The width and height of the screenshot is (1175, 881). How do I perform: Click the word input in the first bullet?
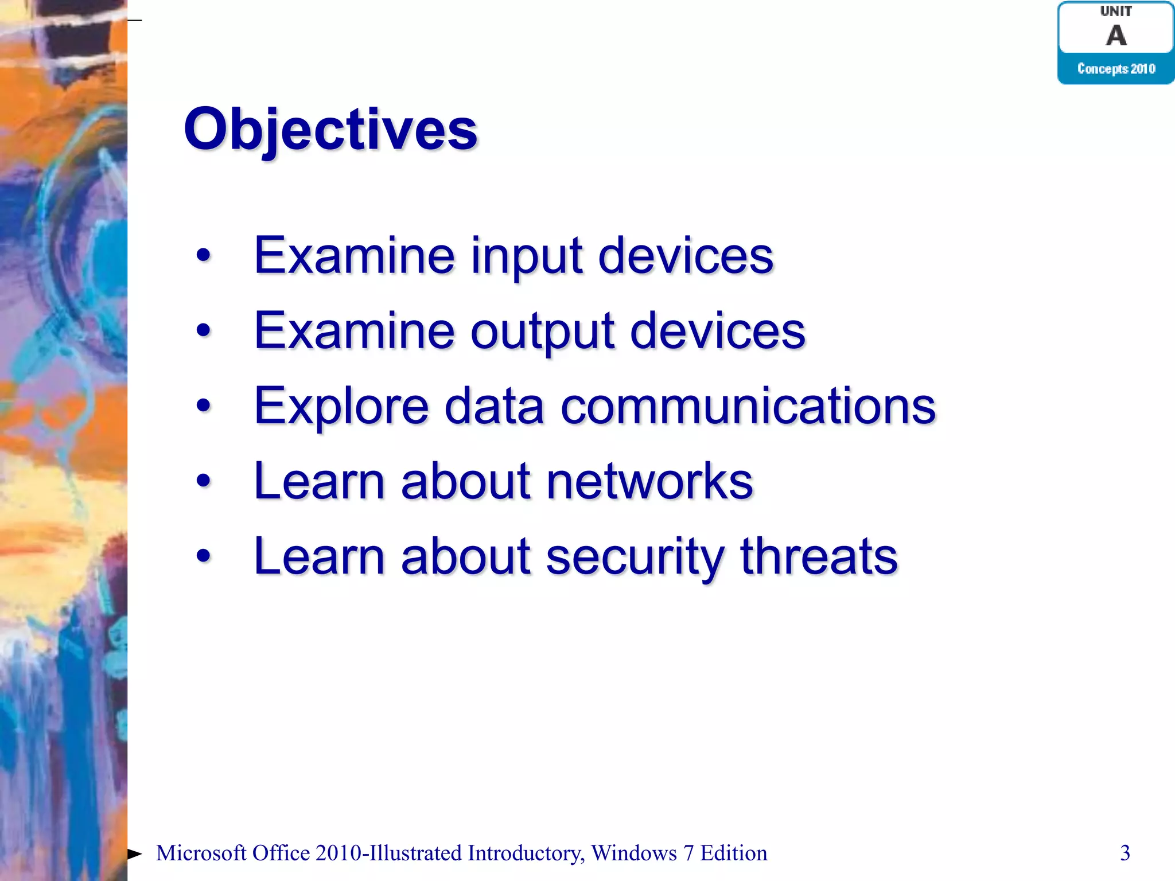(x=527, y=256)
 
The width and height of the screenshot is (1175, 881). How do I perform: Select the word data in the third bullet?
(x=494, y=406)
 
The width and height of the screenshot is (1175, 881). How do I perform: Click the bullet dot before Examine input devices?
(x=203, y=256)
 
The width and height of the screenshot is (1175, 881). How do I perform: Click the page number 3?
(x=1125, y=853)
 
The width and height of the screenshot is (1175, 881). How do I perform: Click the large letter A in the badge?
(x=1116, y=36)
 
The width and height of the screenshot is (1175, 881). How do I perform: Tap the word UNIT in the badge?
(x=1116, y=11)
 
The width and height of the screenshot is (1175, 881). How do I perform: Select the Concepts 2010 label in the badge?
(x=1116, y=69)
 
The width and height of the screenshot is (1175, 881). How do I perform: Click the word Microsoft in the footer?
(x=201, y=853)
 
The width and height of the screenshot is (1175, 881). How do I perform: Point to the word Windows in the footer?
(x=634, y=853)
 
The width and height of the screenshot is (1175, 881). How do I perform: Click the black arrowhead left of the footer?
(x=134, y=854)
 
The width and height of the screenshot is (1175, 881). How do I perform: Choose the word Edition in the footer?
(x=733, y=853)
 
